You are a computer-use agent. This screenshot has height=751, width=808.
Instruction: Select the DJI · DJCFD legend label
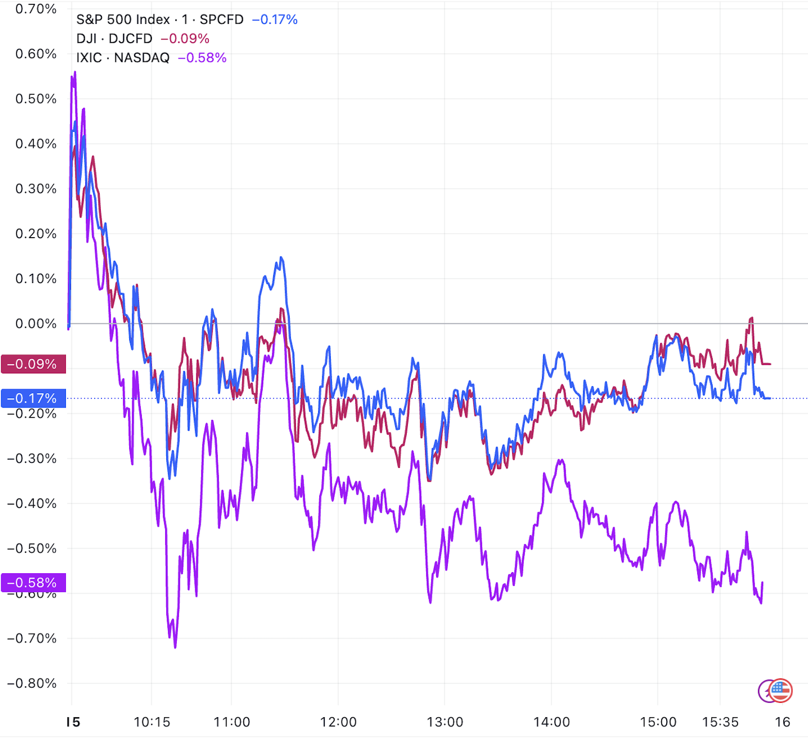tap(114, 39)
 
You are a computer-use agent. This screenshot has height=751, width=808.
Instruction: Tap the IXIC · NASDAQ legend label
tap(122, 58)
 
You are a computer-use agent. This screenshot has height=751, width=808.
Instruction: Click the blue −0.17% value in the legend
tap(275, 19)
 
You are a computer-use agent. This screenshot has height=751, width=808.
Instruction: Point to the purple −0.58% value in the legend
tap(202, 58)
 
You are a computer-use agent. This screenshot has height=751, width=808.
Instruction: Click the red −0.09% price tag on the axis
tap(33, 364)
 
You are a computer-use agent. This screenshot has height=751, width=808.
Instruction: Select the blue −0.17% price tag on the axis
tap(33, 398)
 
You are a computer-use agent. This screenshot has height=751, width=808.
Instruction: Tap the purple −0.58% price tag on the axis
tap(33, 583)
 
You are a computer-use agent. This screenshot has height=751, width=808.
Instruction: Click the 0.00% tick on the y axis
tap(36, 323)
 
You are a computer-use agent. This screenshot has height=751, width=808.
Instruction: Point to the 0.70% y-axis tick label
tap(36, 9)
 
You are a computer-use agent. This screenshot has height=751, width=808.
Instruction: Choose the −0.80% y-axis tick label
tap(32, 683)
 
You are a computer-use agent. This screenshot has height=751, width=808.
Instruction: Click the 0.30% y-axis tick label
tap(36, 189)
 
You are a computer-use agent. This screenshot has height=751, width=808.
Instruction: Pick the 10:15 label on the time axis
tap(152, 722)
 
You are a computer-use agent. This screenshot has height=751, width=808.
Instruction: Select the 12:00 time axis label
tap(338, 722)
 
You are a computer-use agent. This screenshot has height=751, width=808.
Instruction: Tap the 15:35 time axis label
tap(720, 722)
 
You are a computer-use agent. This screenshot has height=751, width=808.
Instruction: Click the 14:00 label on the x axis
tap(551, 722)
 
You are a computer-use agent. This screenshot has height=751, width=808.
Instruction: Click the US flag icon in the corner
tap(780, 690)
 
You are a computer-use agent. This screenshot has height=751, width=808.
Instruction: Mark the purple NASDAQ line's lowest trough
tap(175, 647)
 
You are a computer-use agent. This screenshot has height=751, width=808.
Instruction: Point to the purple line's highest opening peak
tap(75, 72)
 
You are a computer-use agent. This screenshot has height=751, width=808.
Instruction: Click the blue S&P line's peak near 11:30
tap(282, 258)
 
